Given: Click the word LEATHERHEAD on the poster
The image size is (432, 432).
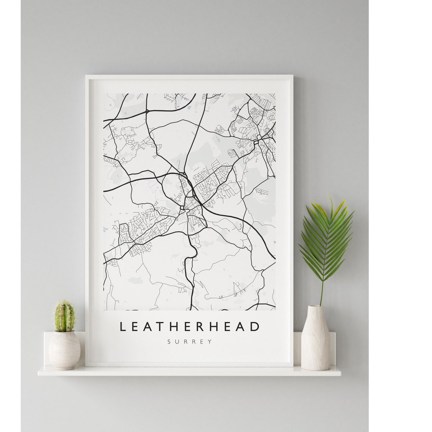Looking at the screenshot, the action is point(190,326).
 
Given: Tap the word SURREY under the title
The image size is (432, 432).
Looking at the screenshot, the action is point(190,341).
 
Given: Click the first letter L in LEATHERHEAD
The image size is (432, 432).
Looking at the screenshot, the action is point(122,326).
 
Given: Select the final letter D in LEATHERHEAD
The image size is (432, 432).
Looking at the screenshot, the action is point(257,326).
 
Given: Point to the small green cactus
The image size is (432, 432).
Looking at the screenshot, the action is point(65,316).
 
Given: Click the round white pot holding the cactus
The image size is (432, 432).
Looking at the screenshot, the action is point(64,350).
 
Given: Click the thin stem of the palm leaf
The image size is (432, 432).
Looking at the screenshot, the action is point(322,292).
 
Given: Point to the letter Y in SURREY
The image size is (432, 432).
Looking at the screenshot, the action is point(210,341).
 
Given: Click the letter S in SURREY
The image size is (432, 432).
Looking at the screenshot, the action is point(169,341).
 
